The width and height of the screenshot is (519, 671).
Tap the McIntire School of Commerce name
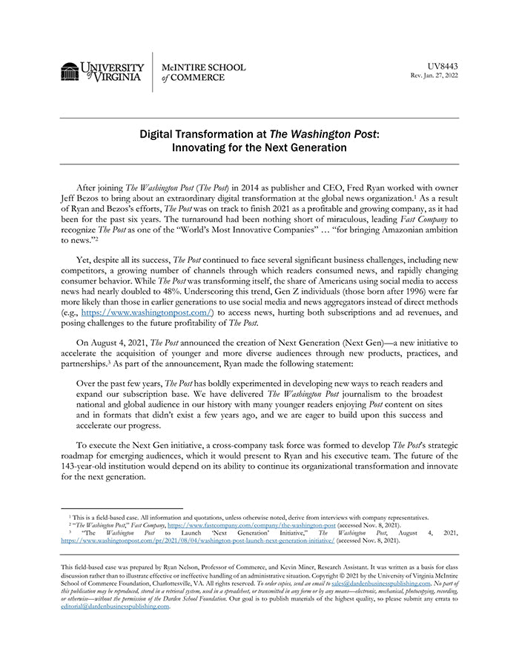pyautogui.click(x=203, y=73)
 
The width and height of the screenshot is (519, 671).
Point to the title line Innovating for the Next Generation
pyautogui.click(x=259, y=147)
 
